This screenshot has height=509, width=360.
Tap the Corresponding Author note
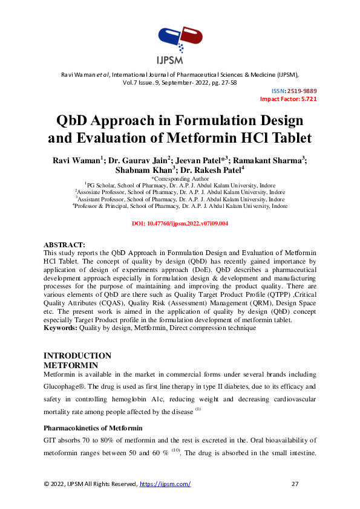pyautogui.click(x=180, y=179)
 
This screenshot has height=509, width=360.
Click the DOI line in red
pyautogui.click(x=180, y=224)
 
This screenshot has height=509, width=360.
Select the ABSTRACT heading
pyautogui.click(x=65, y=244)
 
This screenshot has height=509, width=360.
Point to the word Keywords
pyautogui.click(x=61, y=328)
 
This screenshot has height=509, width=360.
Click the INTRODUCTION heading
pyautogui.click(x=78, y=355)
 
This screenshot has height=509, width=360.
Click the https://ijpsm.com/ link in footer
pyautogui.click(x=165, y=484)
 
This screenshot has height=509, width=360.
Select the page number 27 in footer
pyautogui.click(x=295, y=484)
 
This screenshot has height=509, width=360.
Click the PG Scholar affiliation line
pyautogui.click(x=180, y=186)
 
